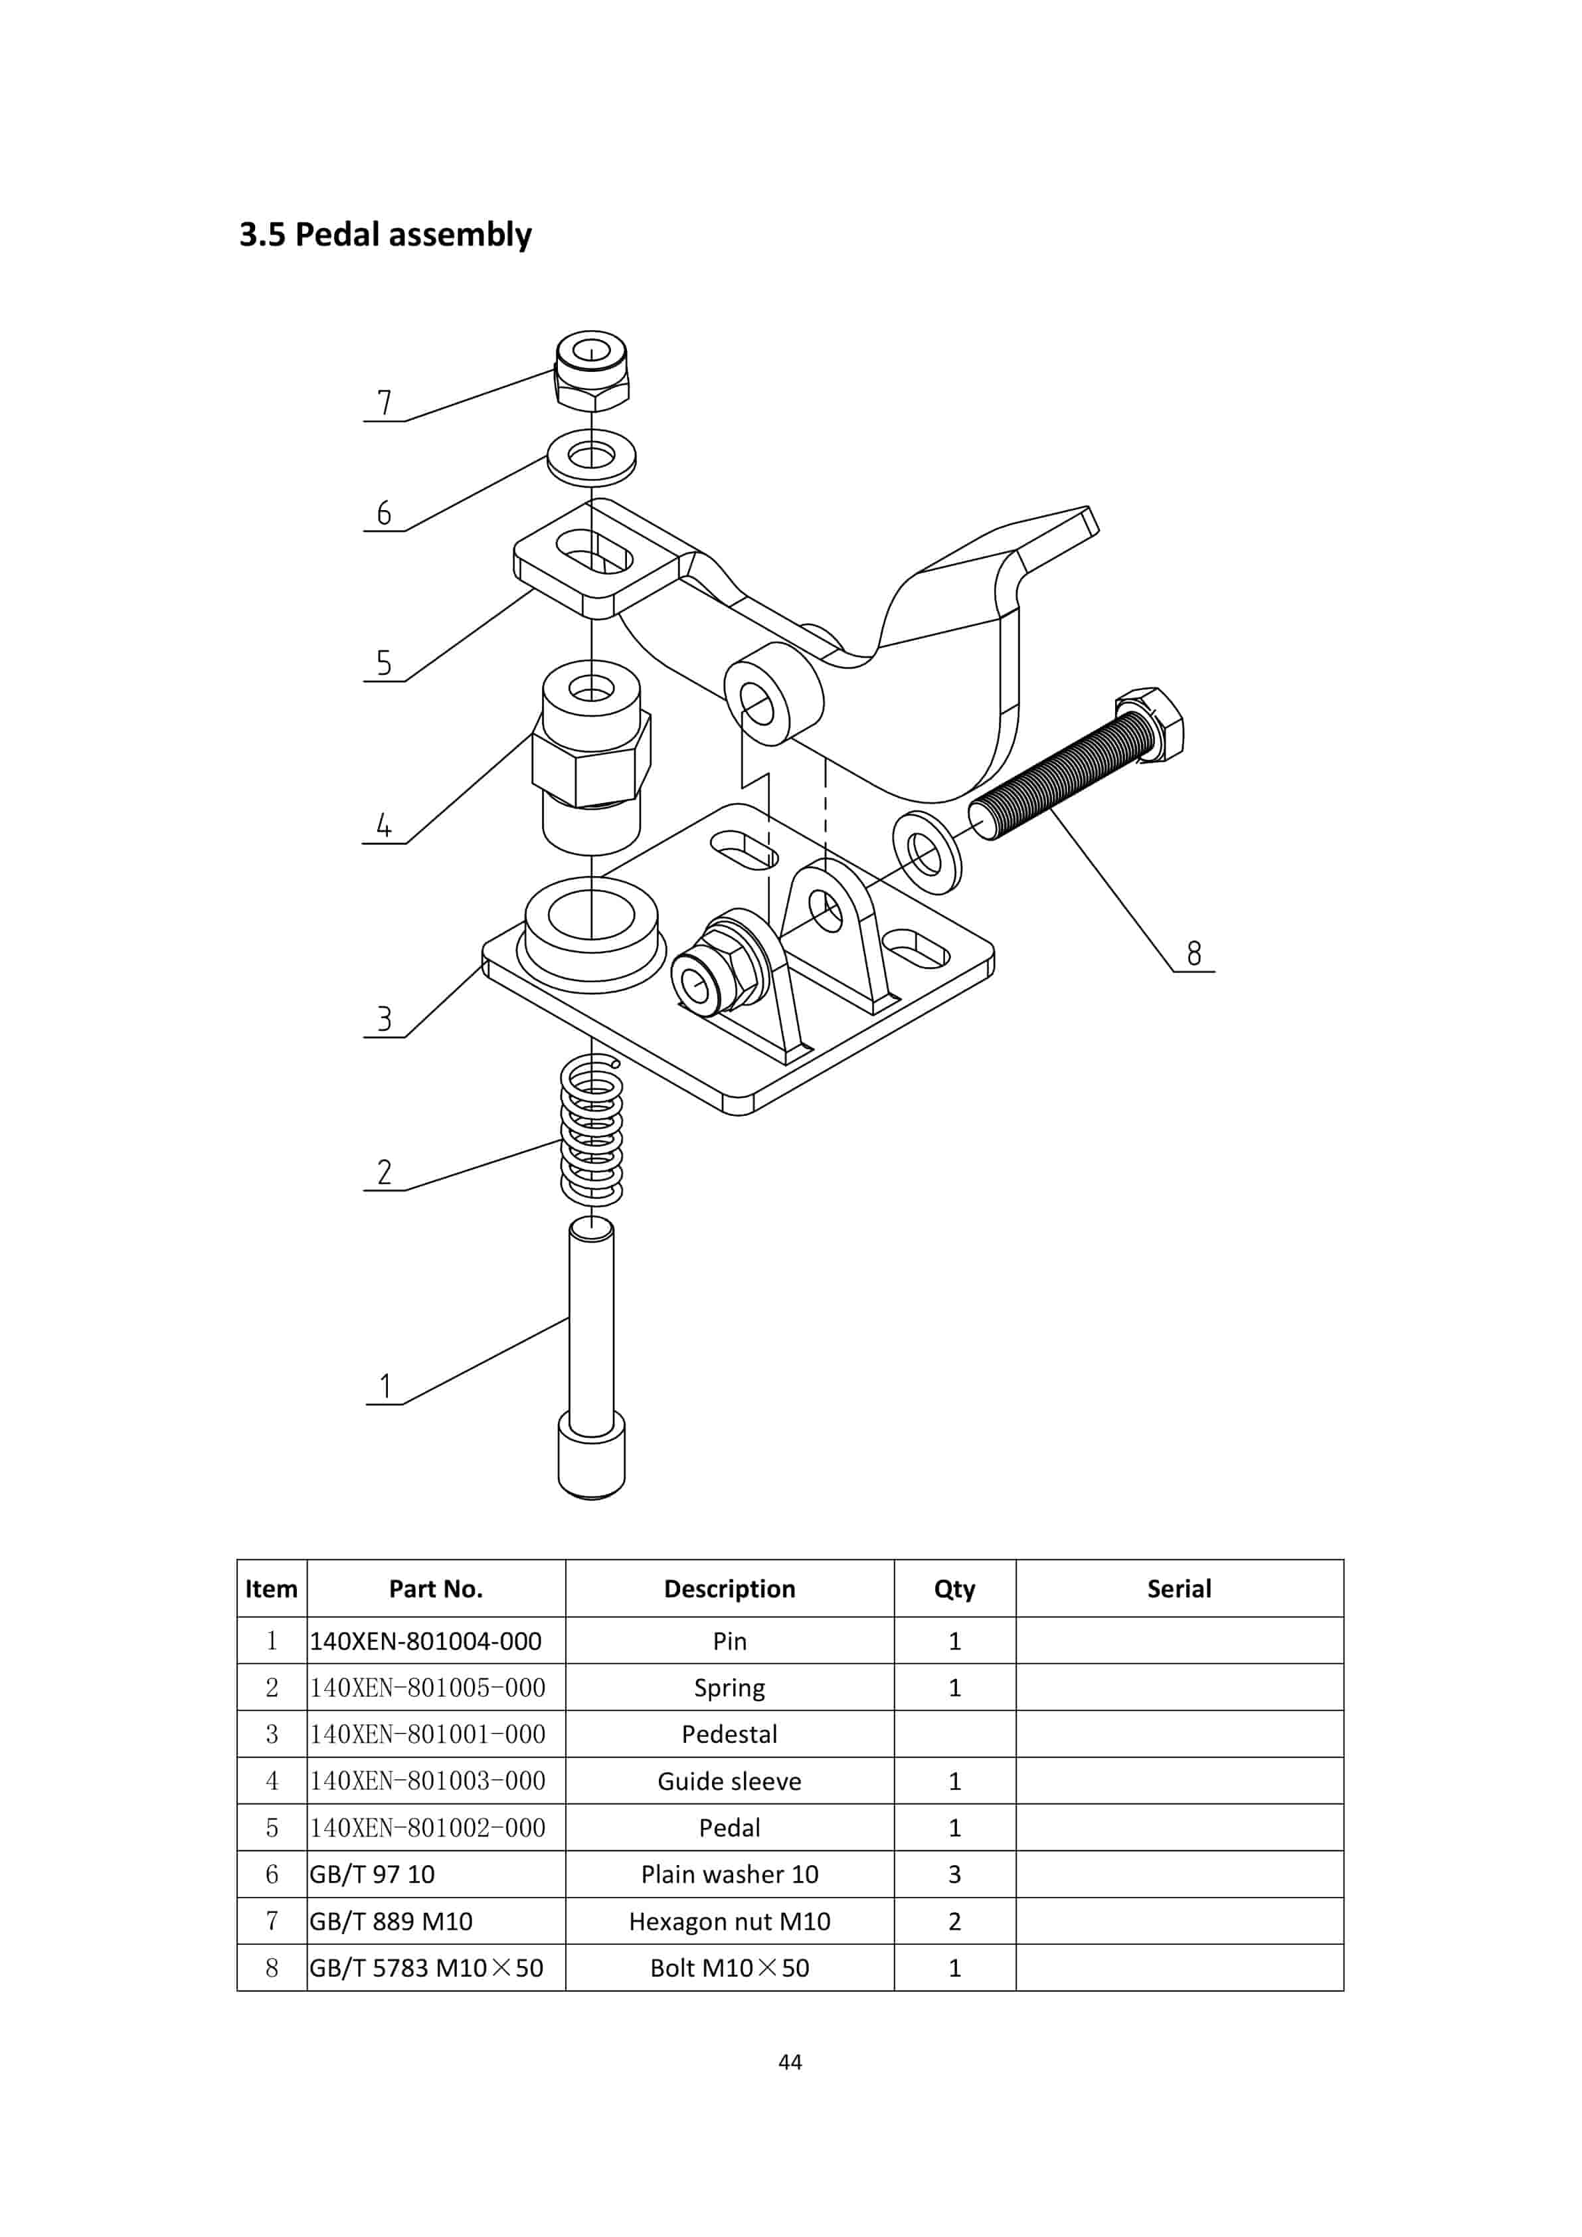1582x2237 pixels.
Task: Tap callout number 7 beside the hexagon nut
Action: tap(384, 403)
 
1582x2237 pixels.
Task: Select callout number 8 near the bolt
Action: tap(1193, 953)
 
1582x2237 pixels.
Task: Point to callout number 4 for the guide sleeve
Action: tap(384, 825)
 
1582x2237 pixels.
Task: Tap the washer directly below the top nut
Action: tap(591, 457)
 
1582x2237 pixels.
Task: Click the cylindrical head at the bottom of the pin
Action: tap(591, 1461)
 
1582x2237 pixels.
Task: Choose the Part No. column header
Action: tap(436, 1589)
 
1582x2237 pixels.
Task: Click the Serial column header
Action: tap(1179, 1589)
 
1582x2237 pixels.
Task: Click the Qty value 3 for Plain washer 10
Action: tap(954, 1874)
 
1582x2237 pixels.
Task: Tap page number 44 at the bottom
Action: tap(790, 2062)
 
